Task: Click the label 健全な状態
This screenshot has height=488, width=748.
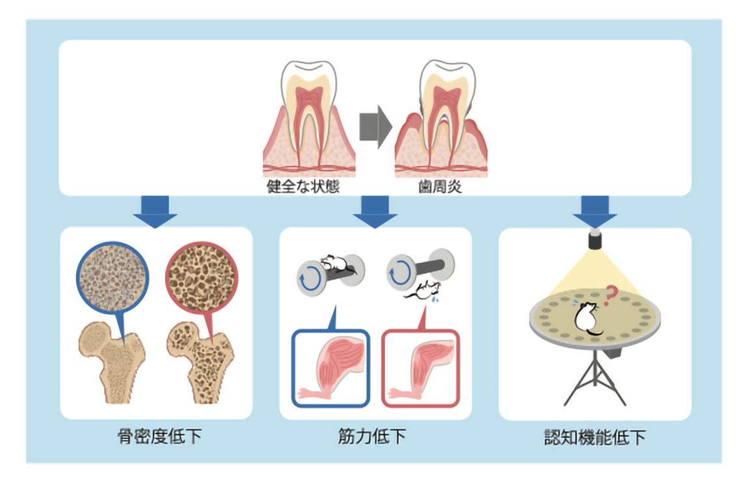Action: pos(303,186)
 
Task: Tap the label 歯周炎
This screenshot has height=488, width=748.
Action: pos(440,186)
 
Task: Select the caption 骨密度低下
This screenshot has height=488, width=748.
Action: pos(159,436)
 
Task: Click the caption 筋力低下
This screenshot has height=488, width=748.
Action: pos(371,436)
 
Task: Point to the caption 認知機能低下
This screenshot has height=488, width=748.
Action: pos(595,437)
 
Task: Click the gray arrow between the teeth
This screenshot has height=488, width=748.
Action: pos(375,127)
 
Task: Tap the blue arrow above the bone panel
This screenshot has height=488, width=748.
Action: pos(155,211)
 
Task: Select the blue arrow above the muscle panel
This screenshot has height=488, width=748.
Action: pos(375,211)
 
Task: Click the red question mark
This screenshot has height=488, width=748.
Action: pos(610,295)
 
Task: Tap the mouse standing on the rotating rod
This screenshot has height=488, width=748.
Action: pos(336,264)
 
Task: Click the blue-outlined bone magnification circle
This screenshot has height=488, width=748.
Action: pos(113,277)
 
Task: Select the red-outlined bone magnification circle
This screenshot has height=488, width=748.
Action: pos(202,277)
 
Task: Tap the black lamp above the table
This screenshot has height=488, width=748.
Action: pos(595,239)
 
